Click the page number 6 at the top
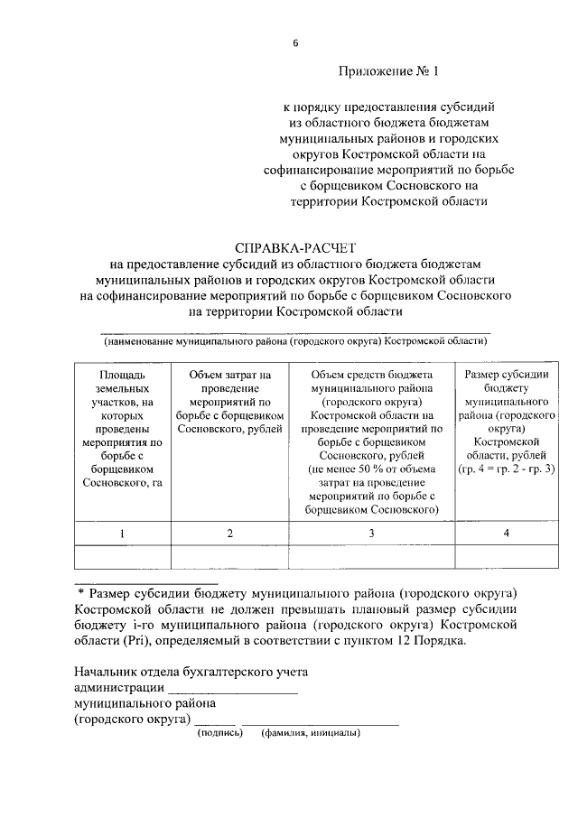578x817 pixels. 294,42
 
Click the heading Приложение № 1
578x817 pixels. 387,70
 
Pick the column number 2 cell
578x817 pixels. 229,534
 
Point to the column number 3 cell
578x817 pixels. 371,534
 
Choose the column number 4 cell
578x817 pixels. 506,534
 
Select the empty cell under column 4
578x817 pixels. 506,556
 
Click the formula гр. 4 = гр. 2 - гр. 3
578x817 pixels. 507,469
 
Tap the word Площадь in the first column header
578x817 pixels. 122,374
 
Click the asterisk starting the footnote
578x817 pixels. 80,592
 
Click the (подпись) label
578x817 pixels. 221,732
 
